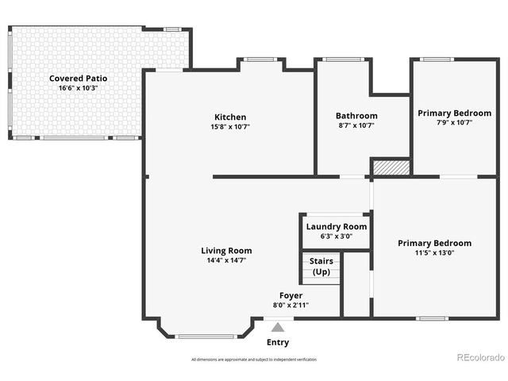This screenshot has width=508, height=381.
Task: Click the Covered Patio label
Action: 78,78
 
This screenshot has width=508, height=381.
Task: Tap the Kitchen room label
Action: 230,117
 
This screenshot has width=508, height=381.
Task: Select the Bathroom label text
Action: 356,116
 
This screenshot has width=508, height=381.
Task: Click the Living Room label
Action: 226,250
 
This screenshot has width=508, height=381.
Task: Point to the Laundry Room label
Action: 337,226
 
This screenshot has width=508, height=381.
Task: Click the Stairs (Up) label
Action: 321,266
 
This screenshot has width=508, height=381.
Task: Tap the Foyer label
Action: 291,295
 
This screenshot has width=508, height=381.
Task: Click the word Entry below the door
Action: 278,343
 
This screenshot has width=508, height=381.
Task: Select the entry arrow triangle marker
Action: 278,326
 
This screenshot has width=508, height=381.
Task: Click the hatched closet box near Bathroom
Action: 391,167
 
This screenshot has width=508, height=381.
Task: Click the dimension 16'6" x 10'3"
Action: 78,87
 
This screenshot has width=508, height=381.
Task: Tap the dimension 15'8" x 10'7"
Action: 230,126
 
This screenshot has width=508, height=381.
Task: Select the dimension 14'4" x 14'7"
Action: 226,260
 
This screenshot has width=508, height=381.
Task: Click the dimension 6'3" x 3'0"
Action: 337,236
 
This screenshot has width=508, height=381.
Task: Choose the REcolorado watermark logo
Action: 481,357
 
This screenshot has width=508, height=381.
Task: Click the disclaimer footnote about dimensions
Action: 253,360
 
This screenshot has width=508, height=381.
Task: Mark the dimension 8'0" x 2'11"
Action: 291,305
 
